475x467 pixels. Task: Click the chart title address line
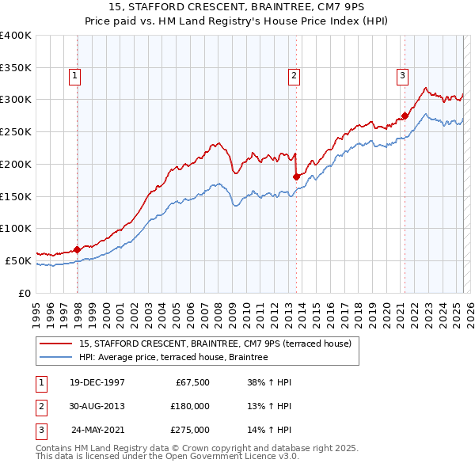click(237, 9)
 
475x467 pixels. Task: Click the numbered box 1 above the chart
click(74, 76)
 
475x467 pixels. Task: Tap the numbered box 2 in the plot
click(293, 76)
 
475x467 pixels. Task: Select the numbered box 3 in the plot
click(401, 76)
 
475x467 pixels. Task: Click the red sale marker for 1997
click(77, 249)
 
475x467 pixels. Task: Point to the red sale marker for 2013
click(296, 177)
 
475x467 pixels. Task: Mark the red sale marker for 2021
click(405, 116)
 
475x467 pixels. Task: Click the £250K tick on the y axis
click(16, 131)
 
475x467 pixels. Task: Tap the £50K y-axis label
click(18, 260)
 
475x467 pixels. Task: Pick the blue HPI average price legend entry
click(173, 357)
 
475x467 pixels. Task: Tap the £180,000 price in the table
click(190, 406)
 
